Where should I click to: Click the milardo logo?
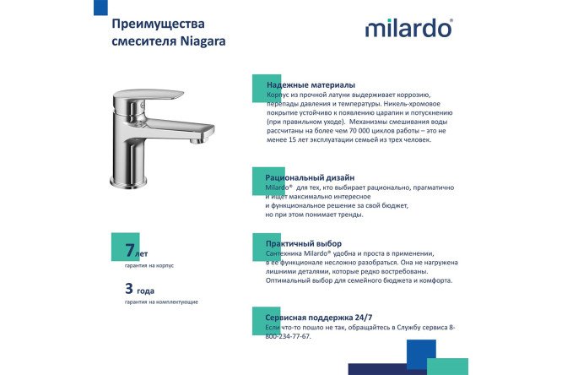(408, 30)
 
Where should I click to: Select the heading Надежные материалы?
(310, 85)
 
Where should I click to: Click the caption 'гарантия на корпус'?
(149, 265)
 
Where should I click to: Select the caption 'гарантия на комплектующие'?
(160, 302)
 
